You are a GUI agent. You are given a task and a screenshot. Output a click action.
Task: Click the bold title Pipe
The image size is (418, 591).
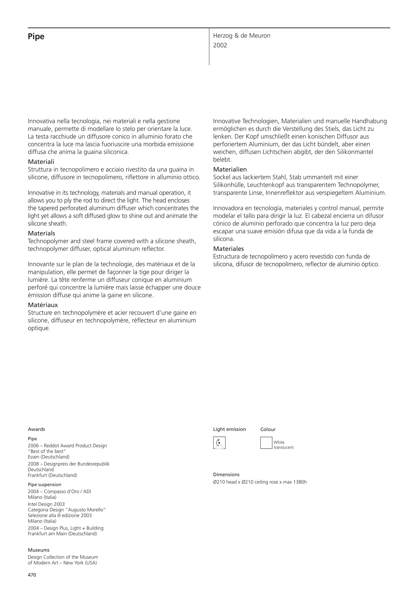36,36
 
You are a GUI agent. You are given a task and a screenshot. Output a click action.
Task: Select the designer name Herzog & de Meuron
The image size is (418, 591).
242,36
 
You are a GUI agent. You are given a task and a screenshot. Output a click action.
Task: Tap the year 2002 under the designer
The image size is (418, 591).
220,45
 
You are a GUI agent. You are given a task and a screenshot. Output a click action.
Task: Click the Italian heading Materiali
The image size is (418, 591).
41,162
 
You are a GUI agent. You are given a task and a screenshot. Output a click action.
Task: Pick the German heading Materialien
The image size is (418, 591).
230,169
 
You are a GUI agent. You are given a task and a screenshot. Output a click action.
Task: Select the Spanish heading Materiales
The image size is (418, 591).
228,249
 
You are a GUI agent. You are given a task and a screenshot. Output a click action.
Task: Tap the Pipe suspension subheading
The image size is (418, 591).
44,484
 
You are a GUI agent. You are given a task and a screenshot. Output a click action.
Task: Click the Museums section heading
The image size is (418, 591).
39,550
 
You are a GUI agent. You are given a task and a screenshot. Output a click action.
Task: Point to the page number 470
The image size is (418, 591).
32,575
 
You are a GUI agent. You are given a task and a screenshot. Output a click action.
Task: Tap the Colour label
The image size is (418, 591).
268,429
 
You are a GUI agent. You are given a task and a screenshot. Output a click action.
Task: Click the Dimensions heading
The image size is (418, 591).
226,474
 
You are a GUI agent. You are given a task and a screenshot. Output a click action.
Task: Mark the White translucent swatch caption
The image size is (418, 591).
283,445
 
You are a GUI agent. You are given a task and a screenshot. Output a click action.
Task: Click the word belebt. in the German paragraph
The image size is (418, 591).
222,160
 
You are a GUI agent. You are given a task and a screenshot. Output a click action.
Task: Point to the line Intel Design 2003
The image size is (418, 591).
46,504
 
